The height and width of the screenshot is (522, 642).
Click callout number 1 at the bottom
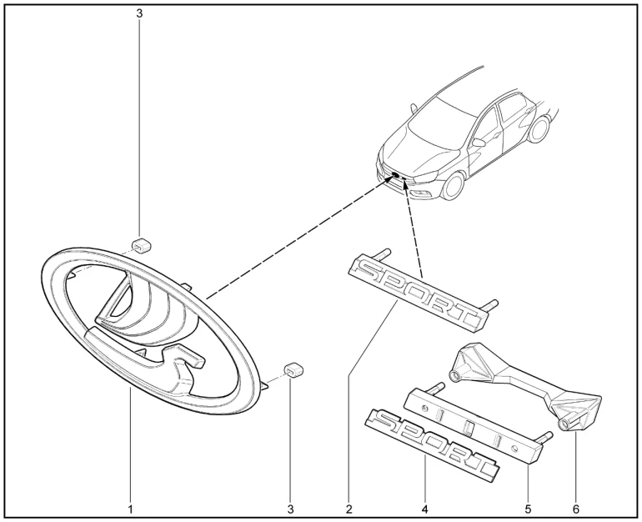point(130,509)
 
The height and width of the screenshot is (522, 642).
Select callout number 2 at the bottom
point(349,509)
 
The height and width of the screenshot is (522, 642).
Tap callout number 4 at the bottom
point(424,509)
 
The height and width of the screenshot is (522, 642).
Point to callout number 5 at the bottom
point(528,509)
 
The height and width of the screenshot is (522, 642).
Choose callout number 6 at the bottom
point(576,509)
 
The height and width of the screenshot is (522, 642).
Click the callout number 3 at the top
point(139,13)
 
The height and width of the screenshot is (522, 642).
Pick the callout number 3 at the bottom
point(291,509)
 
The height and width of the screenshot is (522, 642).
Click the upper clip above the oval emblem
point(141,245)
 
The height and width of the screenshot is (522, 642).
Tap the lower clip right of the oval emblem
point(293,369)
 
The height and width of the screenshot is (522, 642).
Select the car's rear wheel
point(539,129)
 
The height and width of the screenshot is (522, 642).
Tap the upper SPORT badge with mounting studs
point(422,292)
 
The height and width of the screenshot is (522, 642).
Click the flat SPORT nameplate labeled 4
point(433,444)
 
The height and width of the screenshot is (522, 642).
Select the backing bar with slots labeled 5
point(476,426)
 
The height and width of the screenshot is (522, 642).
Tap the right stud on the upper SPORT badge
point(489,305)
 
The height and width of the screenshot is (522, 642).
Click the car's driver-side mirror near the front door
point(479,143)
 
